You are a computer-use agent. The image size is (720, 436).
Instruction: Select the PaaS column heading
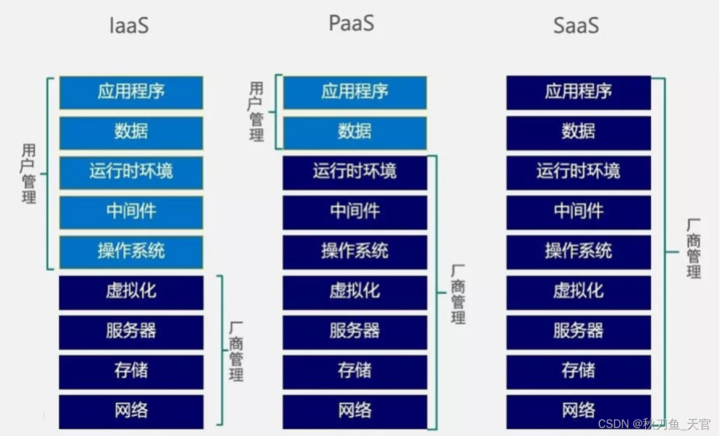coord(351,23)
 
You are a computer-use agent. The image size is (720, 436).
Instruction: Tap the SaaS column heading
coord(576,25)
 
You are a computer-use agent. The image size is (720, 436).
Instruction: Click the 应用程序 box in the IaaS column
coord(131,92)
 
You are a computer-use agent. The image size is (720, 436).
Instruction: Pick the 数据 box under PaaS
coord(354,132)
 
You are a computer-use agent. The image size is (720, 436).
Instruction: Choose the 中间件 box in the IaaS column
coord(131,212)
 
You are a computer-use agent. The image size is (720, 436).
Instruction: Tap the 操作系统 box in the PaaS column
coord(354,251)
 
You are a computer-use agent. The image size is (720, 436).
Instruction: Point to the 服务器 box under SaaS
coord(578,331)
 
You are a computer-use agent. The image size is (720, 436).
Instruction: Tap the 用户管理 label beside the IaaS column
coord(28,174)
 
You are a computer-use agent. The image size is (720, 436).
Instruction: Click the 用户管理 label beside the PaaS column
coord(256,111)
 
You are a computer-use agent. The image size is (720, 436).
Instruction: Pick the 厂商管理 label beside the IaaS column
coord(236,351)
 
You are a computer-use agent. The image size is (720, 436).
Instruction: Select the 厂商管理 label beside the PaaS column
coord(458,295)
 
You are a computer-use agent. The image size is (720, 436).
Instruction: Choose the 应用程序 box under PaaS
coord(354,92)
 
